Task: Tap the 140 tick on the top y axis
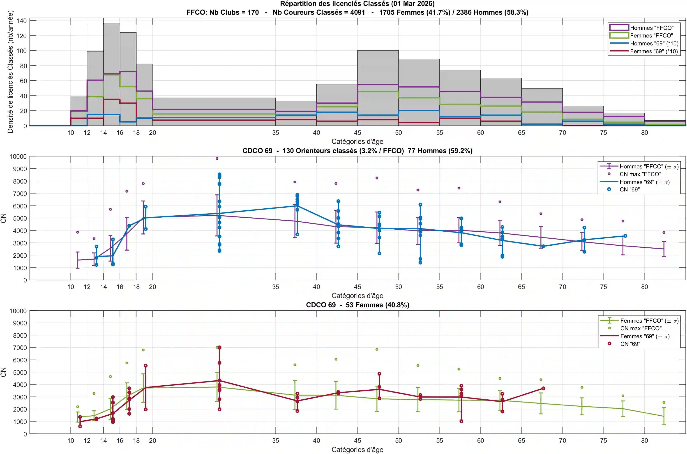coord(21,21)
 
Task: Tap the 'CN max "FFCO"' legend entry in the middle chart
coord(640,174)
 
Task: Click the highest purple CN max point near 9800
coord(217,159)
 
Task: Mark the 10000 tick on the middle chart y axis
coord(18,157)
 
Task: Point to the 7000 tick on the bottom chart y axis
coord(20,347)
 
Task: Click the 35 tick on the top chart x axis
coord(275,133)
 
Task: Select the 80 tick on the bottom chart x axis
coord(644,440)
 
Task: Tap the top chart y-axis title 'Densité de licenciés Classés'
coord(10,72)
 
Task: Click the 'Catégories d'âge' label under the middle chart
coord(357,296)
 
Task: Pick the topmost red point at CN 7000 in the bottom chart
coord(219,347)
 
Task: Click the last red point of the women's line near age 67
coord(543,388)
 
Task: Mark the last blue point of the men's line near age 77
coord(625,236)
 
